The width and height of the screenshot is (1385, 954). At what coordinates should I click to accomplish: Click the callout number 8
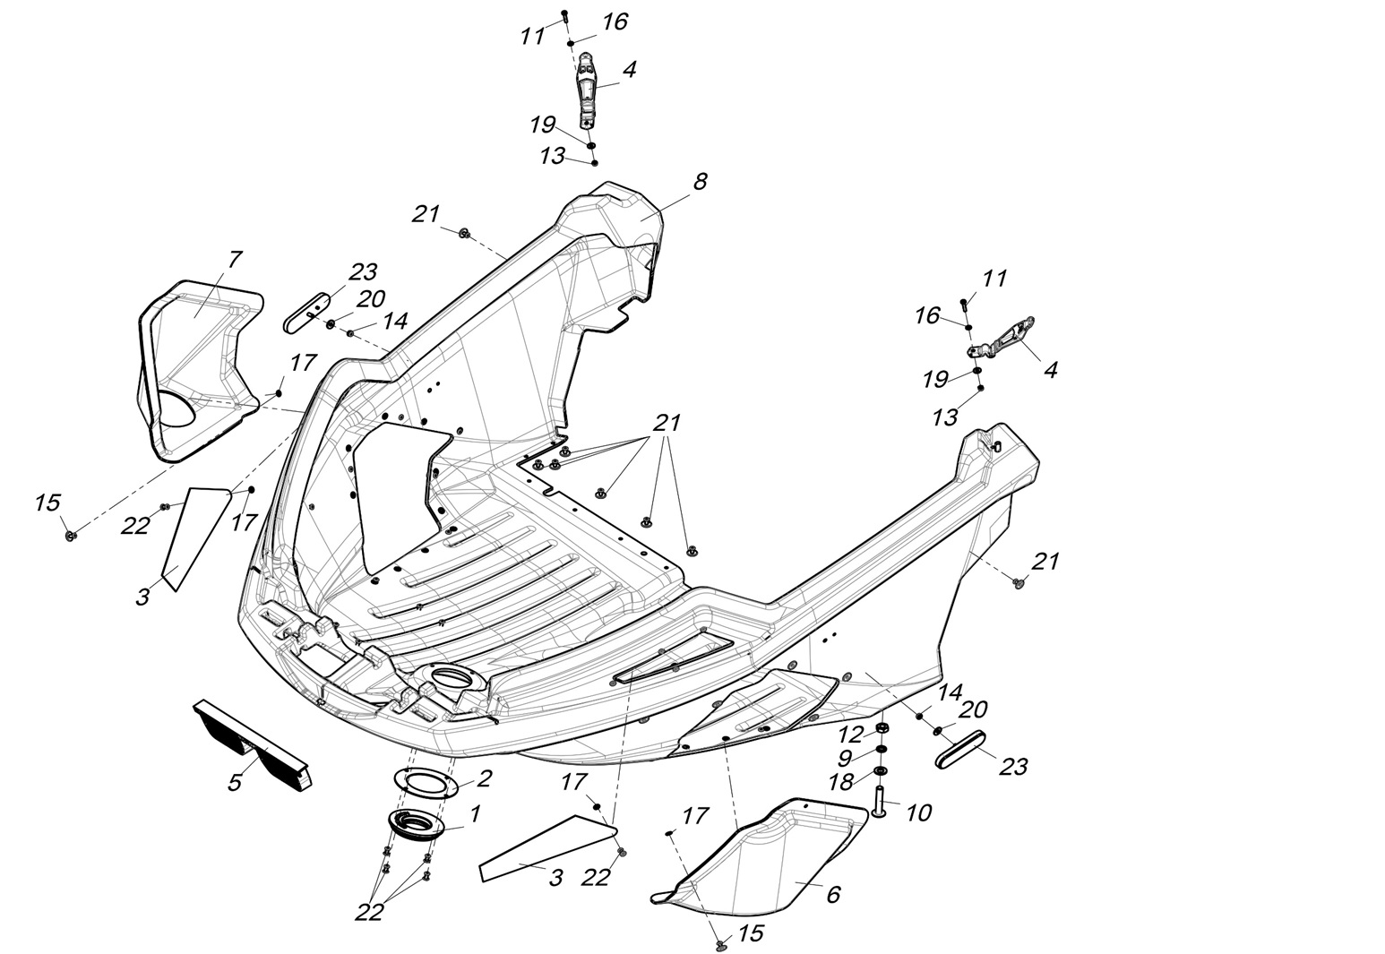(700, 182)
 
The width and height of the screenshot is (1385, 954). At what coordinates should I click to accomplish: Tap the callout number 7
(235, 260)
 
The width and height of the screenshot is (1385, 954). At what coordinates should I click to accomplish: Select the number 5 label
(235, 782)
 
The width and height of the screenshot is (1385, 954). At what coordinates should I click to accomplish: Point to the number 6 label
(833, 894)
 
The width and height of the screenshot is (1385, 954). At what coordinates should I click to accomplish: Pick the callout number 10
(918, 812)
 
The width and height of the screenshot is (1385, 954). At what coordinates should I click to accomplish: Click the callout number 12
(850, 735)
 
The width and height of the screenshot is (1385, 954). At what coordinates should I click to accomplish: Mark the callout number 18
(841, 782)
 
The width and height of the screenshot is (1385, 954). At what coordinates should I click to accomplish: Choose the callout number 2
(485, 777)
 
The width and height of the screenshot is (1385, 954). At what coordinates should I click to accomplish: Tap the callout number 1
(475, 813)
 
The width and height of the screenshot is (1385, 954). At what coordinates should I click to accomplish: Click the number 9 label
(845, 758)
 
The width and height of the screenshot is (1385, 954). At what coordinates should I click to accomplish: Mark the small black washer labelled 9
(882, 749)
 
